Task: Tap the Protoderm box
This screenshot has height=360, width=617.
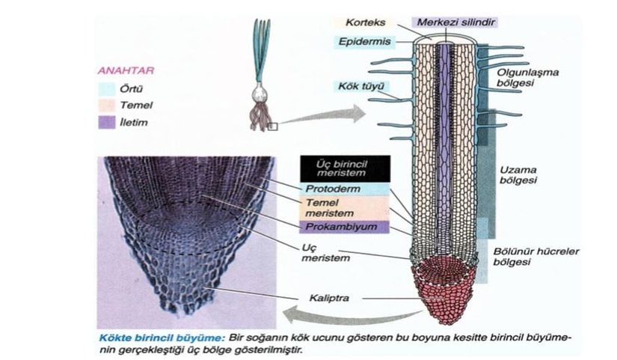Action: coord(333,189)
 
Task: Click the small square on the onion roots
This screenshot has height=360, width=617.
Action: coord(272,127)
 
